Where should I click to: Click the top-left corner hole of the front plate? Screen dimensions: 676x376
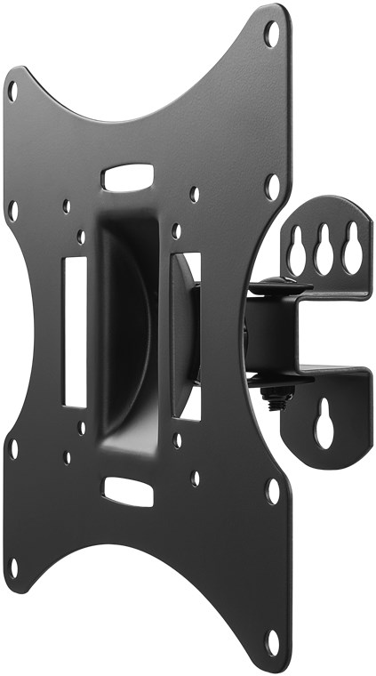[x=12, y=90]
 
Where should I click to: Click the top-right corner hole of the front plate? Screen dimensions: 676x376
[x=272, y=33]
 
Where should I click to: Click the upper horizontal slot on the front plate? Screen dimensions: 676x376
[x=127, y=176]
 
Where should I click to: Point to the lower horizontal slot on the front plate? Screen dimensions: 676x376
[x=127, y=491]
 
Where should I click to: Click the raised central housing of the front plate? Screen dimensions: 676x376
[x=133, y=329]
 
